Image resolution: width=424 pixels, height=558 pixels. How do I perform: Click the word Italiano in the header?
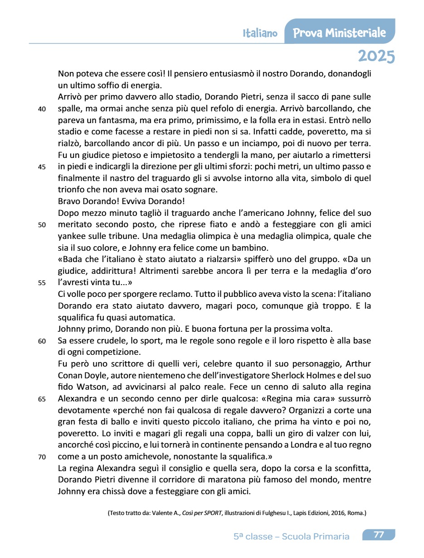pyautogui.click(x=260, y=33)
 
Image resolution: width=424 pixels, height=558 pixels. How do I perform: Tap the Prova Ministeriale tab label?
pyautogui.click(x=339, y=33)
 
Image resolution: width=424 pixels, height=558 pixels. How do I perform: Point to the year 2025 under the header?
pyautogui.click(x=376, y=56)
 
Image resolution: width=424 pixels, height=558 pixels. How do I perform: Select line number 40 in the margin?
pyautogui.click(x=42, y=109)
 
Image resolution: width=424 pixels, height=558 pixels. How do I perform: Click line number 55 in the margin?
pyautogui.click(x=42, y=283)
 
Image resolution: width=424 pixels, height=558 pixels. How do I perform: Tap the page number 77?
pyautogui.click(x=379, y=535)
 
